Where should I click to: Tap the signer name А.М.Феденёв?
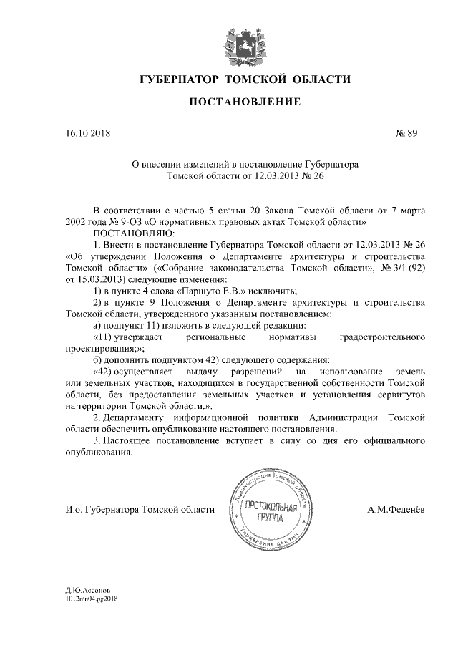(x=395, y=509)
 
